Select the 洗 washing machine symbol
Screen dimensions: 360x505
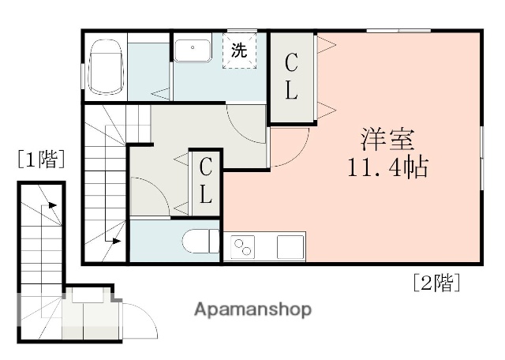click(239, 51)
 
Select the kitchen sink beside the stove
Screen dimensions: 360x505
click(290, 246)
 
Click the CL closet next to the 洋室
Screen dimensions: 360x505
click(291, 77)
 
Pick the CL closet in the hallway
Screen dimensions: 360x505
click(205, 181)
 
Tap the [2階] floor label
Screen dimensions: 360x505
click(436, 283)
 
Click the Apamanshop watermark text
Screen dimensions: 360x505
click(252, 309)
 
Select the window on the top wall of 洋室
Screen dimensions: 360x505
click(398, 31)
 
